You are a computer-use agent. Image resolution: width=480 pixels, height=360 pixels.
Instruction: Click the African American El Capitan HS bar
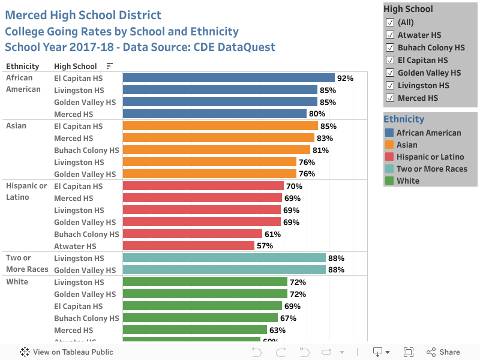pos(229,78)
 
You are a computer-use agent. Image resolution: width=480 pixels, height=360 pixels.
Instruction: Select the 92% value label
pos(345,78)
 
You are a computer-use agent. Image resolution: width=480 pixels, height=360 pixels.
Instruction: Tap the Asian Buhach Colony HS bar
pos(216,150)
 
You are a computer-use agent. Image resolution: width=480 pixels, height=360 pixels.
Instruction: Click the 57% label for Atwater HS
pos(265,246)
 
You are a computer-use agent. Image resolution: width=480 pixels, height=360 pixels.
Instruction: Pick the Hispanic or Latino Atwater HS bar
pos(188,246)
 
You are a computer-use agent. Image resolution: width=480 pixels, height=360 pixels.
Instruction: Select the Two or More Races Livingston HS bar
pos(224,258)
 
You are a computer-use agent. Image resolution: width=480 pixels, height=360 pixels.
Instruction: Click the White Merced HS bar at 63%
pos(194,330)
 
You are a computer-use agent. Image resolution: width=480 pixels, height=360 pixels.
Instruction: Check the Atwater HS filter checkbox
pos(389,35)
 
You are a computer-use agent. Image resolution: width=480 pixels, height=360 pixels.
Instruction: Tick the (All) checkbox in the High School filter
pos(389,22)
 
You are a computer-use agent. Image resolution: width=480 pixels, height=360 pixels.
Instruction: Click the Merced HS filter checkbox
pos(389,98)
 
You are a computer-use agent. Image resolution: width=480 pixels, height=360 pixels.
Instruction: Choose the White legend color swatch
pos(389,181)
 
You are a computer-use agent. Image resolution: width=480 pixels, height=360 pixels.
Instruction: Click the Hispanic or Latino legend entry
pos(430,157)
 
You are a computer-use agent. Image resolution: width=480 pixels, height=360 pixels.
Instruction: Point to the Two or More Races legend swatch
pos(389,169)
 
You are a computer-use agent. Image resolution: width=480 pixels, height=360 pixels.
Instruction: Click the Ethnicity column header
pos(22,67)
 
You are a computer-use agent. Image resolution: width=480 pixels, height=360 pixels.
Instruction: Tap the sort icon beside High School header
pos(109,67)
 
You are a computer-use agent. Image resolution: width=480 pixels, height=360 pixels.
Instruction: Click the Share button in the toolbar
pos(443,352)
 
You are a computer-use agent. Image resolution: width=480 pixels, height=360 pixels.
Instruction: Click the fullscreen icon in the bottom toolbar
pos(409,352)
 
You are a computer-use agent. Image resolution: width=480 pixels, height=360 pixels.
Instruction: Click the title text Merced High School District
pos(83,15)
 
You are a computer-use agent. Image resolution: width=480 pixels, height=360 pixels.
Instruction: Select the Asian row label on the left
pos(16,126)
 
